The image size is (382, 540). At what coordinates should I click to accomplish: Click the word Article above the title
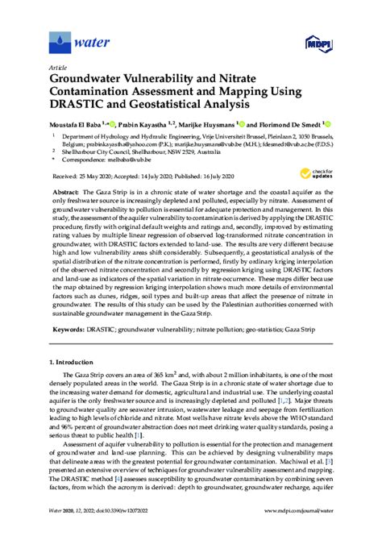click(58, 68)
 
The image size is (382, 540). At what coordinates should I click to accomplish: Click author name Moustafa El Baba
click(83, 126)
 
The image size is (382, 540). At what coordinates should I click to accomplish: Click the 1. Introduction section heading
click(77, 363)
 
